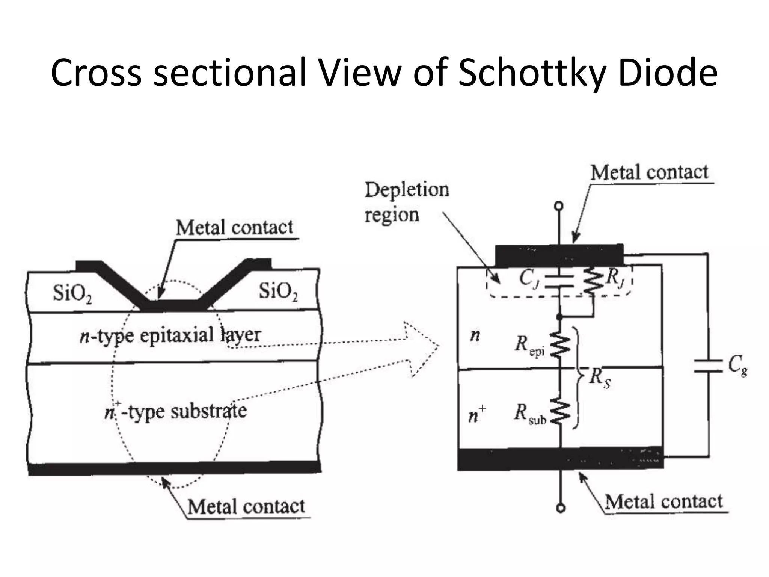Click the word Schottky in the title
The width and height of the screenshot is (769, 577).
coord(533,73)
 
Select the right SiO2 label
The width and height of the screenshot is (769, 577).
coord(278,292)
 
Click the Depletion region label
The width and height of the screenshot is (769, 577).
coord(406,202)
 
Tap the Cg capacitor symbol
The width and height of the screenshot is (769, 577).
coord(708,366)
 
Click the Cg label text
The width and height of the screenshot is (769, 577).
coord(737,365)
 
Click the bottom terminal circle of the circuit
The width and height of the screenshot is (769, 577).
coord(561,508)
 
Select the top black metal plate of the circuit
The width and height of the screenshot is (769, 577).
coord(559,255)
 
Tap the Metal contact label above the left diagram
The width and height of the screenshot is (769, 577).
coord(235,228)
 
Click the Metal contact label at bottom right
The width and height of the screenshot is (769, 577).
coord(664,501)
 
